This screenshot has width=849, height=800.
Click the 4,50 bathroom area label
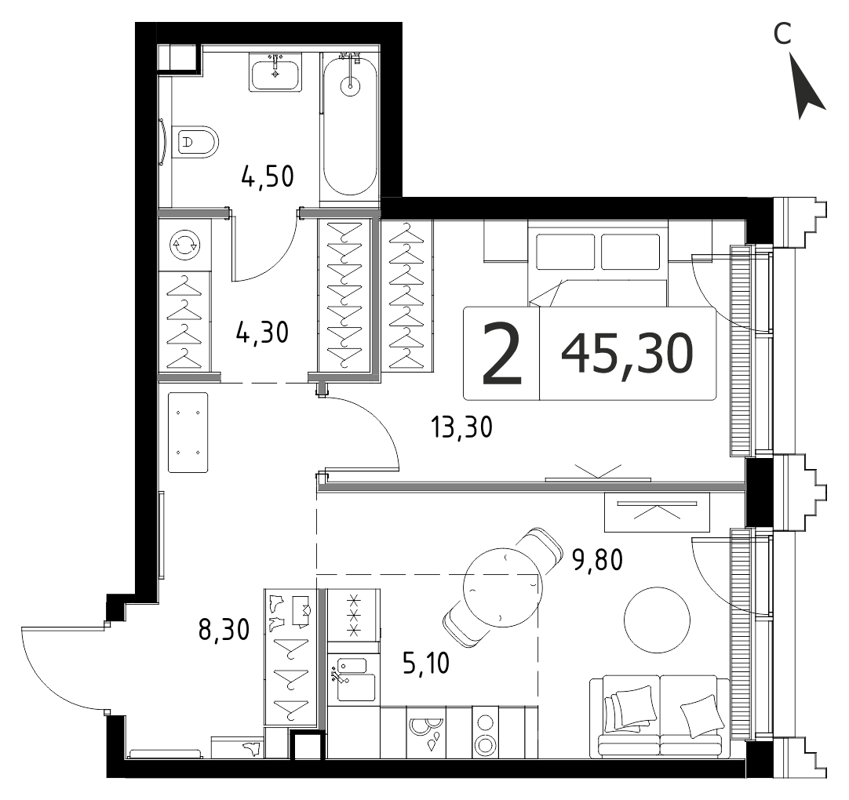pyautogui.click(x=268, y=176)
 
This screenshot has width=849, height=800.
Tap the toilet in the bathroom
pyautogui.click(x=195, y=143)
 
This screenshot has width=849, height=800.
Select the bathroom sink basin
pyautogui.click(x=275, y=72)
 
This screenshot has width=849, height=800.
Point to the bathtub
pyautogui.click(x=349, y=127)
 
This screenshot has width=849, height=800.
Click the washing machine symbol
pyautogui.click(x=185, y=245)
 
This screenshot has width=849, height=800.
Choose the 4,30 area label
pyautogui.click(x=262, y=333)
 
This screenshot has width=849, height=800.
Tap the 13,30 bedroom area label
pyautogui.click(x=462, y=427)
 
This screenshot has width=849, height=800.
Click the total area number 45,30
pyautogui.click(x=627, y=353)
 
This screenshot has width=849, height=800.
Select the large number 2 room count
pyautogui.click(x=502, y=352)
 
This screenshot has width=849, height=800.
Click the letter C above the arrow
pyautogui.click(x=782, y=34)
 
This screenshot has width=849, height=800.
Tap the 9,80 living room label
pyautogui.click(x=598, y=560)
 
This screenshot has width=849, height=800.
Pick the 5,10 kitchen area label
pyautogui.click(x=427, y=663)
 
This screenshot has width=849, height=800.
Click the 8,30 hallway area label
pyautogui.click(x=224, y=630)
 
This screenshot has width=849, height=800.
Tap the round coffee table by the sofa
pyautogui.click(x=657, y=620)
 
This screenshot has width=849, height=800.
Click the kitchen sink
pyautogui.click(x=352, y=679)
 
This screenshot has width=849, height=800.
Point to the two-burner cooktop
pyautogui.click(x=485, y=734)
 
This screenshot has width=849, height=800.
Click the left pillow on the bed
pyautogui.click(x=564, y=252)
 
